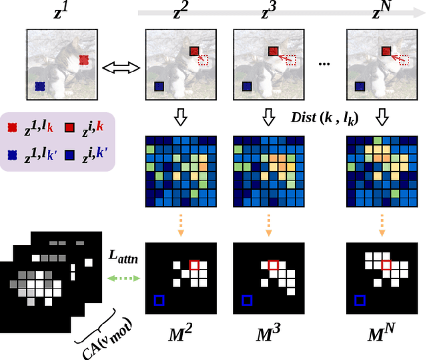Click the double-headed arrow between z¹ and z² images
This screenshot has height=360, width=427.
(x=123, y=67)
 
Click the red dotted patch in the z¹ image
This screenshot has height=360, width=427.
(x=83, y=60)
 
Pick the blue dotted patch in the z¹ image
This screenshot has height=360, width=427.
(x=39, y=86)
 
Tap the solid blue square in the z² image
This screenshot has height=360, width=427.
(x=158, y=86)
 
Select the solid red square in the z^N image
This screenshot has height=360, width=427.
(x=386, y=51)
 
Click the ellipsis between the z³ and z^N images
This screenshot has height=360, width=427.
(x=325, y=64)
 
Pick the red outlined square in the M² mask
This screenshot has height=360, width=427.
(x=193, y=265)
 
